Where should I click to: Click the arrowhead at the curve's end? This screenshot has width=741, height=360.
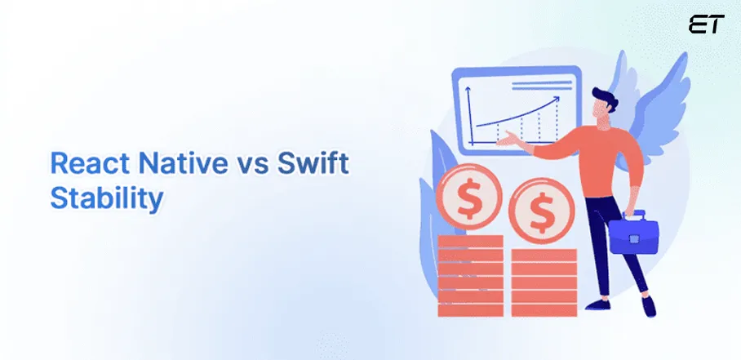click(x=557, y=100)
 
